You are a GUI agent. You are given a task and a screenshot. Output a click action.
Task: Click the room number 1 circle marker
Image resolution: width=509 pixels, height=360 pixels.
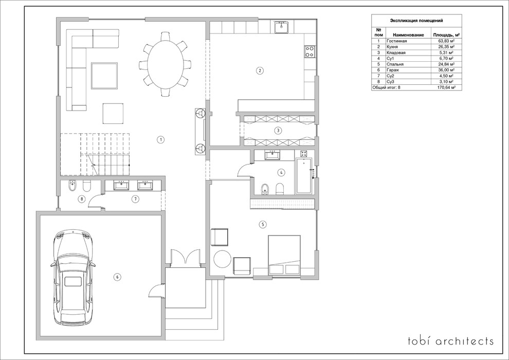[160, 140]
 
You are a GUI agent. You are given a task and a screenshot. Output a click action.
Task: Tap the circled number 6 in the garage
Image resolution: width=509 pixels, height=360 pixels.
[117, 277]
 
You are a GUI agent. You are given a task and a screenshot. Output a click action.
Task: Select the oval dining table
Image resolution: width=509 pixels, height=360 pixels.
[165, 64]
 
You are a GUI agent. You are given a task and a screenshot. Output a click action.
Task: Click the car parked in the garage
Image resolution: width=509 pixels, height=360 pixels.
[74, 278]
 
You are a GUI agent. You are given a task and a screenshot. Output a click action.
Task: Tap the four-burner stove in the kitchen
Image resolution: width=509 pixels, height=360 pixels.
[310, 51]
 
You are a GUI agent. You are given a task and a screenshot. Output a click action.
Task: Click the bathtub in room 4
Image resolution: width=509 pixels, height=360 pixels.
[304, 176]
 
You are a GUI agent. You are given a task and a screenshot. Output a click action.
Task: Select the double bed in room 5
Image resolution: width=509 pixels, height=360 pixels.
[284, 256]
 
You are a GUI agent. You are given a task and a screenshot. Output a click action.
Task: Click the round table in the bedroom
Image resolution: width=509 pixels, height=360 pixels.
[222, 259]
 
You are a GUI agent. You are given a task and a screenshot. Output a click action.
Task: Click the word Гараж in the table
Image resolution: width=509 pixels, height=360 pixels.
[392, 70]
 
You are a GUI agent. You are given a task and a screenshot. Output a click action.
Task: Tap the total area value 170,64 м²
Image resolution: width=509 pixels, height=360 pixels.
[446, 87]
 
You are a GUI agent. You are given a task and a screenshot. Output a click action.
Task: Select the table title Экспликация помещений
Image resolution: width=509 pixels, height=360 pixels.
[416, 21]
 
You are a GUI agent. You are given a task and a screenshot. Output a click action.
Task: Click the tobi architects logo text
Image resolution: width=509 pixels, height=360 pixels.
[451, 341]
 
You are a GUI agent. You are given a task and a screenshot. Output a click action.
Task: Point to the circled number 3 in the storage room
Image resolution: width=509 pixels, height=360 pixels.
[278, 131]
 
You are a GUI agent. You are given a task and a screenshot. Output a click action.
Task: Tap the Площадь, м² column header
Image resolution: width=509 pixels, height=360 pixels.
[446, 35]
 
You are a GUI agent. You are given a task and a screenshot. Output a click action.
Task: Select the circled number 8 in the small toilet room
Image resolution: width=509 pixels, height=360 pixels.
[82, 199]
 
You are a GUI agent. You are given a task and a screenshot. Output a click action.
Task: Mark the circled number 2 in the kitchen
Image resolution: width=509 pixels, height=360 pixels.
[259, 70]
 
